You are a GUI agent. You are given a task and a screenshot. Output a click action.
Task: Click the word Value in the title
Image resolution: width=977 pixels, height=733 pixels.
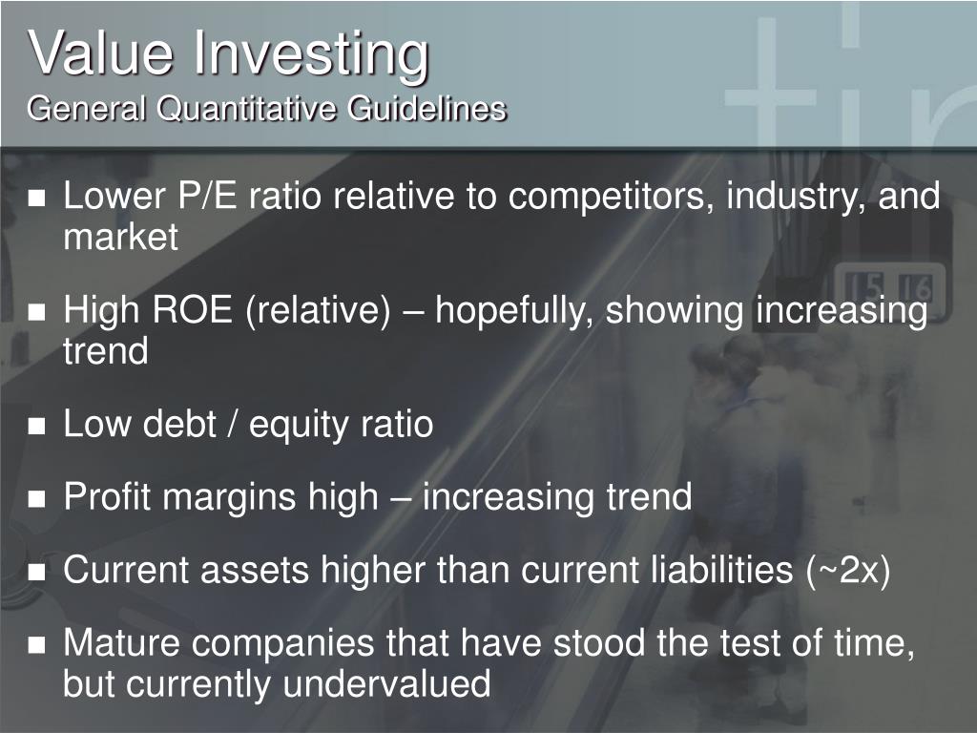(101, 53)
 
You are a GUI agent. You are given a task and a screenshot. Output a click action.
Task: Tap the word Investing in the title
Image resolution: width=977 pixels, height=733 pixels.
(309, 55)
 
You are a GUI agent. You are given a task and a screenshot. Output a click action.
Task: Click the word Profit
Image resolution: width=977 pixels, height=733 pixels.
(102, 497)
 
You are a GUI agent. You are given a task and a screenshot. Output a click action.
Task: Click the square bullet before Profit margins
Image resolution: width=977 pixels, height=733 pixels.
(37, 499)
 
